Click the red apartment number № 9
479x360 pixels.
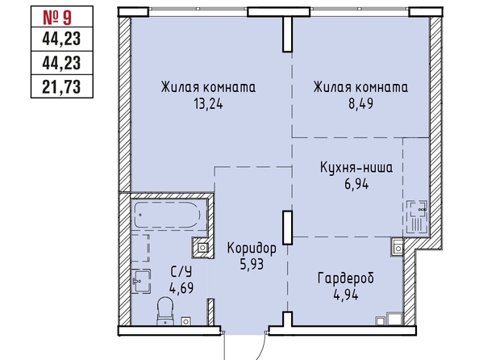[57, 18]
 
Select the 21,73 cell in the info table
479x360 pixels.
[62, 86]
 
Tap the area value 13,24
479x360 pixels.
[208, 104]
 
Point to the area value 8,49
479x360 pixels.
[360, 103]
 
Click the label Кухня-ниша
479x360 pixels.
[356, 168]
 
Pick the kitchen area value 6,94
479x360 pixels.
[356, 184]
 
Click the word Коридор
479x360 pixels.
[252, 249]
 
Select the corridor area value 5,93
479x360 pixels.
[252, 264]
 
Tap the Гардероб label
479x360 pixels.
[346, 278]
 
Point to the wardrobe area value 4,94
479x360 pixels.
[346, 295]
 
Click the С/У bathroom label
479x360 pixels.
[181, 271]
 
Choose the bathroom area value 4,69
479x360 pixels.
[181, 288]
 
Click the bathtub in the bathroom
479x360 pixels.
[168, 215]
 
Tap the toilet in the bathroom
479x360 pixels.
[165, 311]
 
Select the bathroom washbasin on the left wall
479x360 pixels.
[141, 281]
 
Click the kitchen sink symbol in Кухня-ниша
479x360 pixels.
[416, 217]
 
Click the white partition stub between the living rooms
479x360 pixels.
[287, 34]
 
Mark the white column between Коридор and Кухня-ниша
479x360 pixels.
[287, 228]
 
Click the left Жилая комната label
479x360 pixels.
[208, 87]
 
